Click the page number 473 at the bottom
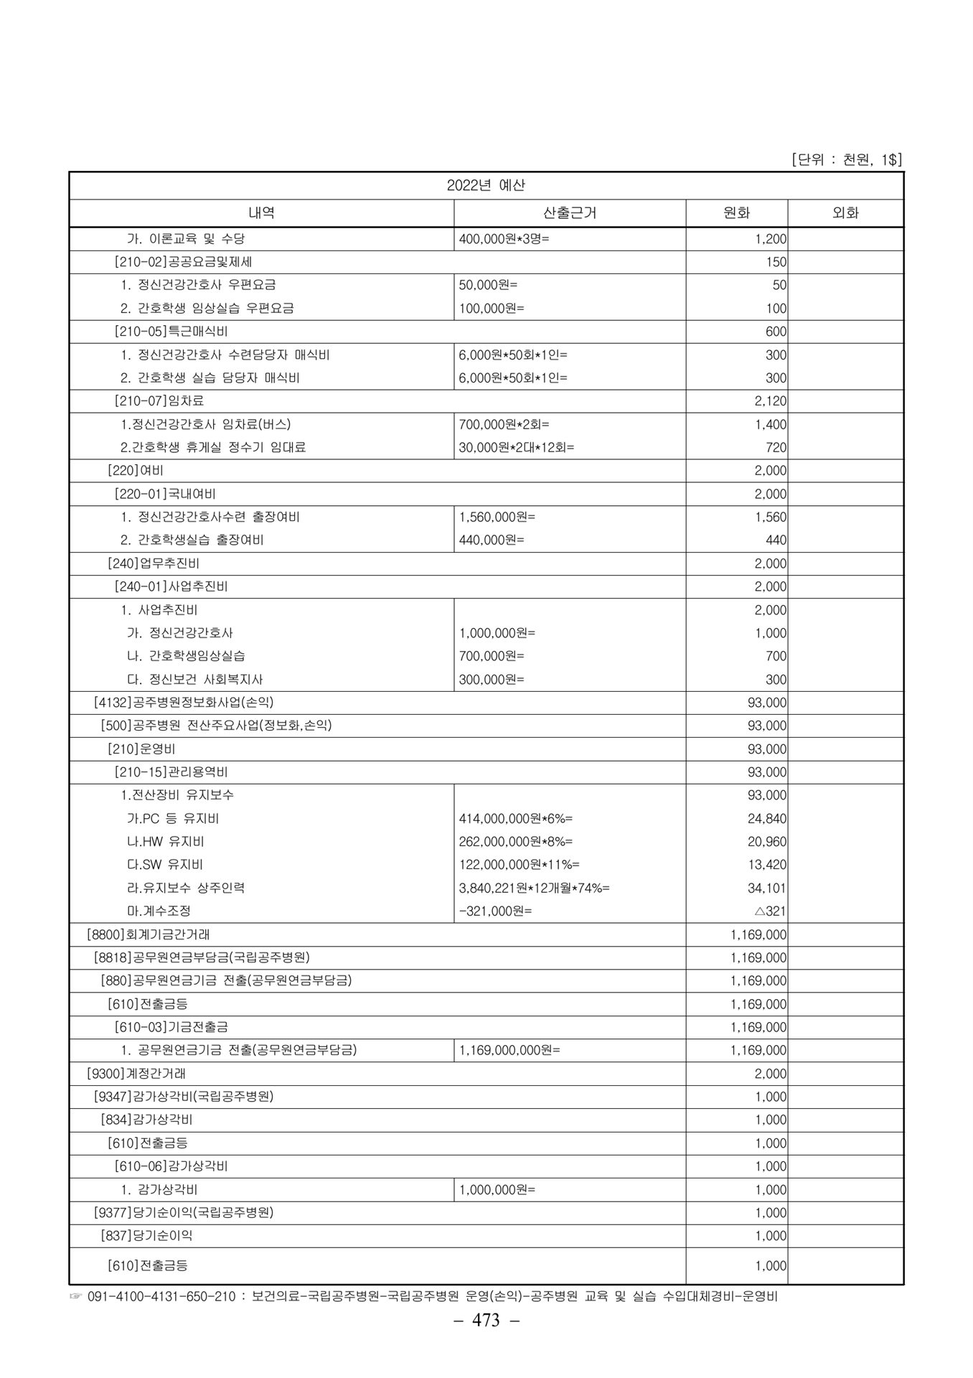tap(486, 1321)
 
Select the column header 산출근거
tap(570, 212)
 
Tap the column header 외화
tap(845, 212)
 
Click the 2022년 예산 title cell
tap(486, 185)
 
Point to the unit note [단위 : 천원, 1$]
tap(846, 159)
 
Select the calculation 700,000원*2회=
tap(504, 424)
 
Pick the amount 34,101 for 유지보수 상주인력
tap(766, 888)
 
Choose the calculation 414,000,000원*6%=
tap(516, 818)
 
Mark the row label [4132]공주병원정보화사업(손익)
tap(184, 702)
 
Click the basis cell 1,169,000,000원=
tap(509, 1050)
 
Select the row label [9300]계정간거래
tap(136, 1074)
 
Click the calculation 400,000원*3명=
tap(504, 238)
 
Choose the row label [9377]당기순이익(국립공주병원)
tap(184, 1213)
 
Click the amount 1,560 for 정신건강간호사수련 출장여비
tap(770, 517)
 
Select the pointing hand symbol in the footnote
tap(76, 1297)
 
